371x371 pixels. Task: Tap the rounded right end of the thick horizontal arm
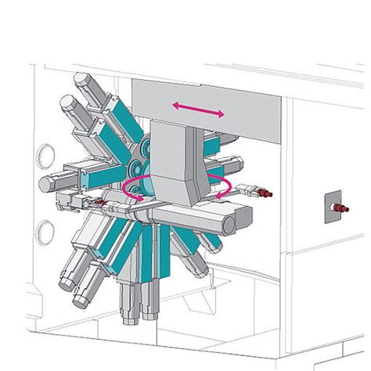coord(229,222)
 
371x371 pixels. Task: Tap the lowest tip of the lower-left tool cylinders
coord(81,302)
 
